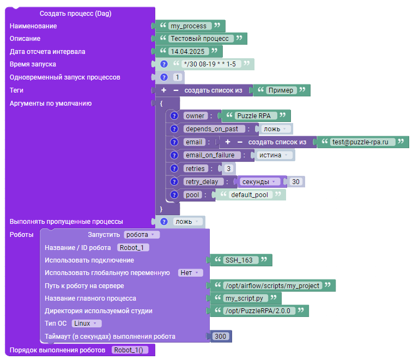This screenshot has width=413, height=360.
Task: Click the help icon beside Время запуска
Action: tap(164, 64)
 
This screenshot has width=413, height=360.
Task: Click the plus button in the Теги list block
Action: tap(164, 90)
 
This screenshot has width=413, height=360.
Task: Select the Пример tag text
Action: tap(281, 90)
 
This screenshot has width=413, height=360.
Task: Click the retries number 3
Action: tap(228, 168)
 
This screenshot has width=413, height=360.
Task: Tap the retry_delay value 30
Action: tap(296, 182)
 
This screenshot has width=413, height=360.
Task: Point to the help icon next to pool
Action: tap(174, 195)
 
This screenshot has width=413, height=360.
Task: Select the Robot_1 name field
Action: tap(133, 248)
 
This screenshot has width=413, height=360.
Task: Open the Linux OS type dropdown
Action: tap(87, 324)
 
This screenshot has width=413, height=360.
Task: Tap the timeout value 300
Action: tap(221, 336)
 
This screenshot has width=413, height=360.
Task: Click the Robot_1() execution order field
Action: tap(130, 350)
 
